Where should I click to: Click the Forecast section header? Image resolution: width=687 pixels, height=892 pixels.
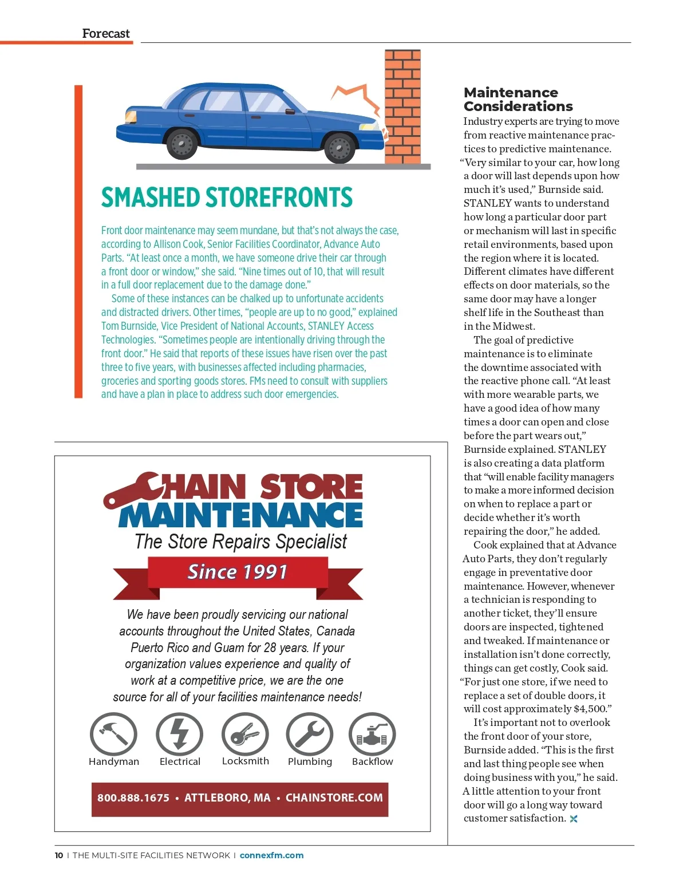(106, 33)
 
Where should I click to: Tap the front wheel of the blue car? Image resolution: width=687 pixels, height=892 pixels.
(339, 148)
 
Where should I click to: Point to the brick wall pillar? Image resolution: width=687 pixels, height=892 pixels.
(402, 106)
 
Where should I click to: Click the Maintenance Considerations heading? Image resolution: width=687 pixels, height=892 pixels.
(518, 99)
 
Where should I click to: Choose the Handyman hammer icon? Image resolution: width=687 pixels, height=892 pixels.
(113, 735)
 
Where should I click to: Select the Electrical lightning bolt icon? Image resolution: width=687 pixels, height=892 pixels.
(180, 735)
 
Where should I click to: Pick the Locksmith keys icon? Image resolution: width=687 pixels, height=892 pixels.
(245, 735)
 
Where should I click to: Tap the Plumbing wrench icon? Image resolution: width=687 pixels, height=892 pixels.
(310, 735)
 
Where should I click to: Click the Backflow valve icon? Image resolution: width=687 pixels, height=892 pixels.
(372, 735)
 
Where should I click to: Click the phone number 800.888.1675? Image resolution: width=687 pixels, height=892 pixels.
(133, 798)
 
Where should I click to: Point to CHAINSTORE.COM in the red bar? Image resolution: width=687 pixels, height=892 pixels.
(334, 798)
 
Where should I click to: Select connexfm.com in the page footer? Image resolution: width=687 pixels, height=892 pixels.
(271, 855)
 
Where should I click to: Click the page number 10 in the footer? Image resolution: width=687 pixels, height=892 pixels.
(59, 855)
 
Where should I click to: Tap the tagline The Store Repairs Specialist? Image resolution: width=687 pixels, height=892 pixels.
(240, 542)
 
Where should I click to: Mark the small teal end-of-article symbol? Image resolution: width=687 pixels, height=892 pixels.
(574, 819)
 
